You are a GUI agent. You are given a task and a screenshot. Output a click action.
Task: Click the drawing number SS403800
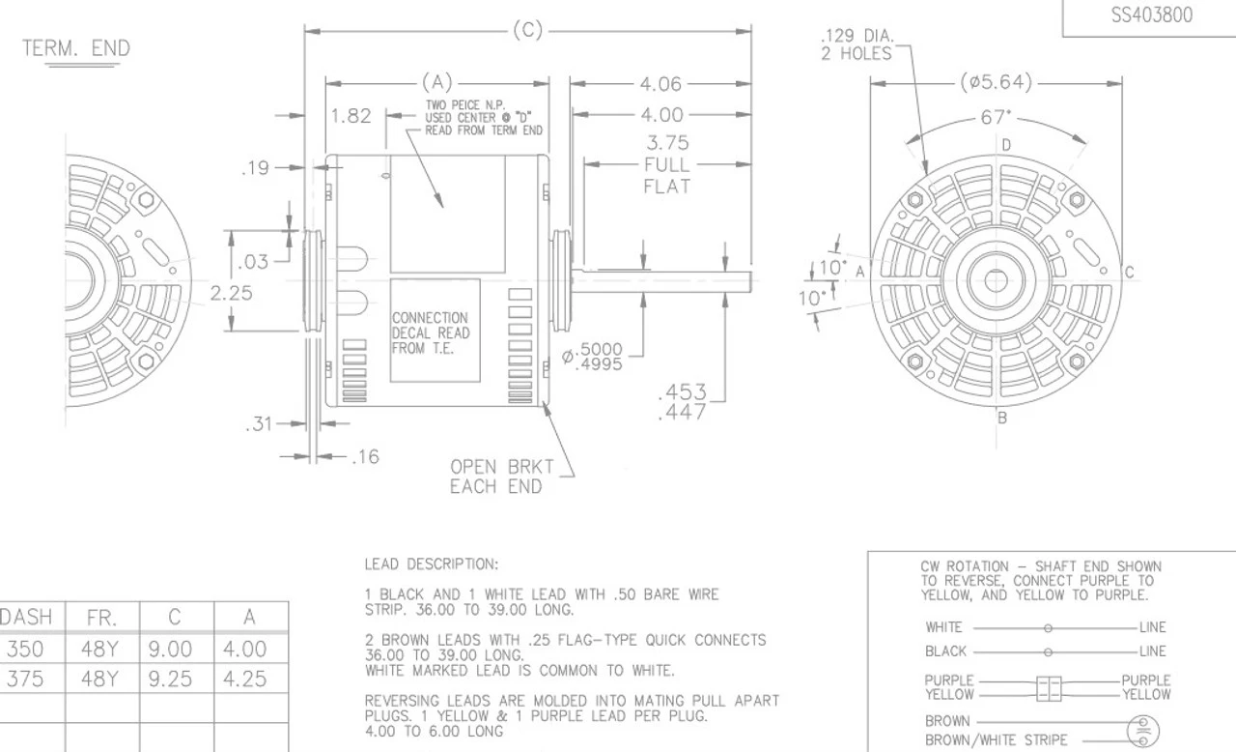pos(1151,15)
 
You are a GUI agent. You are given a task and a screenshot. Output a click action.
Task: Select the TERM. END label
pos(75,48)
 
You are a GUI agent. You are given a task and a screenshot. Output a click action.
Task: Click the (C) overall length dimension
pos(527,31)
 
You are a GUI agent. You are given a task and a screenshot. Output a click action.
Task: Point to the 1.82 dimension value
pos(351,116)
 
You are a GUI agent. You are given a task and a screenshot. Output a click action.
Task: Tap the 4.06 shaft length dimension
pos(660,84)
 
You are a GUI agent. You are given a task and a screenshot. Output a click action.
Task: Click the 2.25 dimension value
pos(232,293)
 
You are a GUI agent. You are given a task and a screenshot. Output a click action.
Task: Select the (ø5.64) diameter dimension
pos(996,83)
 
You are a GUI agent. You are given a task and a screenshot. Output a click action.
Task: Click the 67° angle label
pos(996,118)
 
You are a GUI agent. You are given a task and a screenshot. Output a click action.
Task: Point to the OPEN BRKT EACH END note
pos(501,477)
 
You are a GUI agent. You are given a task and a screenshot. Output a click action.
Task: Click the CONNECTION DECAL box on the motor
pos(435,332)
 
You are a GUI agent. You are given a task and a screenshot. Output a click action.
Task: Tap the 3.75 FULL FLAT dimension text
pos(666,164)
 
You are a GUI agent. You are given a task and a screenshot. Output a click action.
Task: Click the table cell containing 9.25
pos(176,679)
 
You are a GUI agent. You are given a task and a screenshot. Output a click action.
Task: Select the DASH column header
pos(26,618)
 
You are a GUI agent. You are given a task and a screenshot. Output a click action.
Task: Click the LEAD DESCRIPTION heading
pos(431,564)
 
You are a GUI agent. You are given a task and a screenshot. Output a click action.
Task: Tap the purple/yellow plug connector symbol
pos(1049,688)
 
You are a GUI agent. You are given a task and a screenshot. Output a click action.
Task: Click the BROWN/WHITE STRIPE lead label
pos(997,740)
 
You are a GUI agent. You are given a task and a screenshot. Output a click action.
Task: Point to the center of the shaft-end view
pos(996,281)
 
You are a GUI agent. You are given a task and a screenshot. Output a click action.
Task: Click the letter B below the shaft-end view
pos(1002,419)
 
